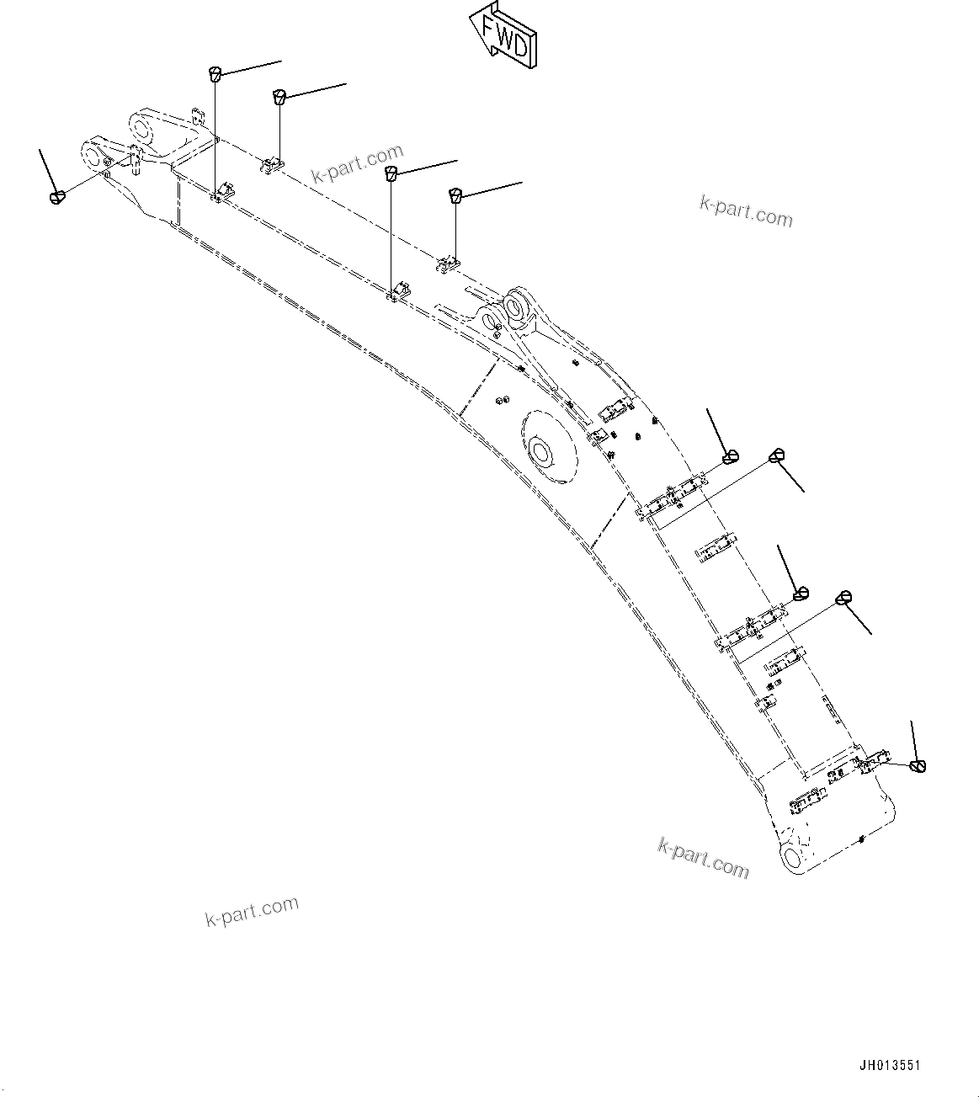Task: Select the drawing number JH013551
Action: point(889,1066)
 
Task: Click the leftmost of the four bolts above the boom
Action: point(215,72)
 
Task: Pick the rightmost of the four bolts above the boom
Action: point(455,195)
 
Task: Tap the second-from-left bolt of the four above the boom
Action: point(279,96)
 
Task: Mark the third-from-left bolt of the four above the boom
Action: point(391,173)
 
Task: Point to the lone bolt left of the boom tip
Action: point(57,197)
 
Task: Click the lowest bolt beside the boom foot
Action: point(918,766)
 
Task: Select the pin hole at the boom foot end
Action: point(793,857)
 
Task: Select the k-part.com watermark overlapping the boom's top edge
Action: point(358,163)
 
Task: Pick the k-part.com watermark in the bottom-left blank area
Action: point(252,911)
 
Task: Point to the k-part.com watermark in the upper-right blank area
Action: point(746,211)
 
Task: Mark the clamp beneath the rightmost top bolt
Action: point(448,264)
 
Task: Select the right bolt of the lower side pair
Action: point(844,598)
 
